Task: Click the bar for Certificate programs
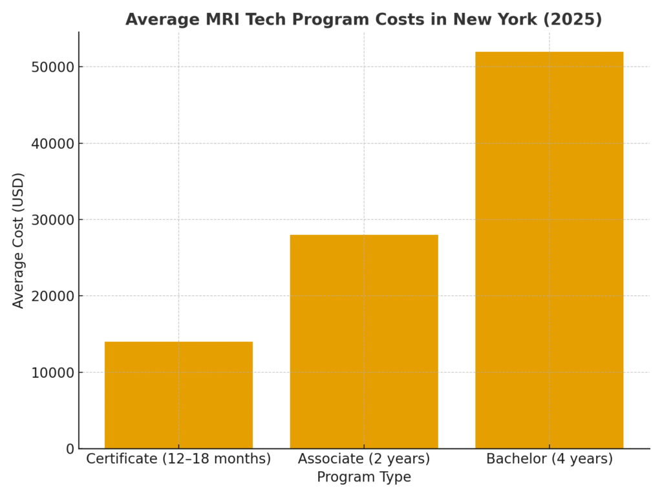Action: tap(178, 395)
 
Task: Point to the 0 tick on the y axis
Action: tap(70, 448)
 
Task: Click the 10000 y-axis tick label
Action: tap(53, 373)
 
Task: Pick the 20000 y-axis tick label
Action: tap(53, 296)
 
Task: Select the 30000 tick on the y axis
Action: tap(53, 220)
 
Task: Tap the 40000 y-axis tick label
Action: tap(53, 144)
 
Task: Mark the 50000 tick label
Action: tap(53, 67)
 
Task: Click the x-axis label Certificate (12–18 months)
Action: tap(178, 459)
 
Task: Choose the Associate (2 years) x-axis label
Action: tap(364, 459)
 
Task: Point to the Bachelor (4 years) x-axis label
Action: tap(549, 459)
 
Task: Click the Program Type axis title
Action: tap(364, 478)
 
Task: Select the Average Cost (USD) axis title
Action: tap(19, 240)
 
